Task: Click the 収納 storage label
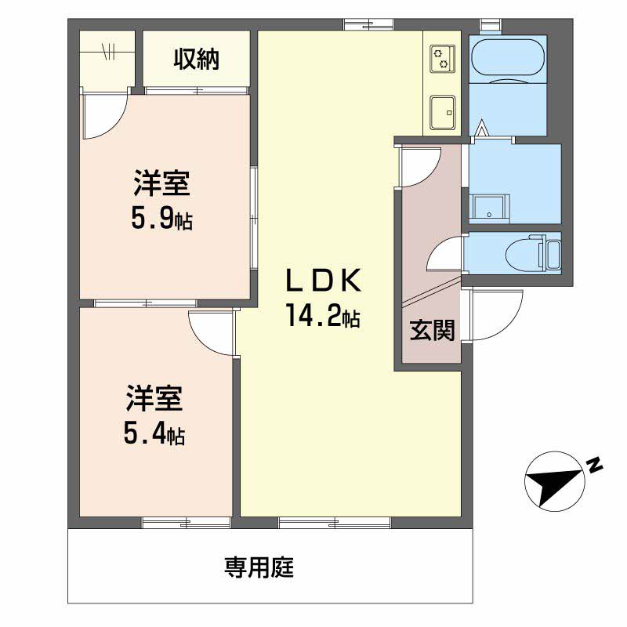click(197, 60)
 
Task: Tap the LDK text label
click(323, 281)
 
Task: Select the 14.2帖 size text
click(323, 315)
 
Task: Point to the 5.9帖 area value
click(162, 219)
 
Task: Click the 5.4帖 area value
click(154, 434)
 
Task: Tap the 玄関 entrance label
click(433, 331)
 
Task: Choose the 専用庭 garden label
click(259, 567)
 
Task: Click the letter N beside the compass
click(595, 464)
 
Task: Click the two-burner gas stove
click(442, 59)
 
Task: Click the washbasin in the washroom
click(489, 208)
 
